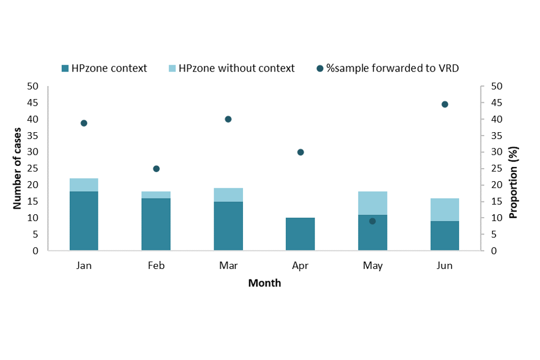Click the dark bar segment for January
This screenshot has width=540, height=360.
[84, 221]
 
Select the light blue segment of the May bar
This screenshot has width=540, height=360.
[372, 203]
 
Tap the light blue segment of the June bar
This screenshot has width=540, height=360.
[444, 209]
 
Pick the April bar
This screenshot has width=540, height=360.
[300, 234]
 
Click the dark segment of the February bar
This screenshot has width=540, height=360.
[156, 224]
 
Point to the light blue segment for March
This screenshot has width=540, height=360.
[228, 195]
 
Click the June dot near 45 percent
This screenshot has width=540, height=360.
[445, 104]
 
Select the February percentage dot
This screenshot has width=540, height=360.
[156, 169]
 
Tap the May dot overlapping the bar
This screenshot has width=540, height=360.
[372, 221]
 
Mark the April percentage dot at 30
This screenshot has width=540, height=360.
[300, 152]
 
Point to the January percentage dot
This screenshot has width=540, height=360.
[84, 123]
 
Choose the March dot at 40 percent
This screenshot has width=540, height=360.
[228, 119]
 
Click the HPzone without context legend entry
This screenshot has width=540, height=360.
[236, 69]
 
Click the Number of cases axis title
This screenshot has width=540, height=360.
[17, 168]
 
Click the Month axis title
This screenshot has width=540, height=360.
[264, 283]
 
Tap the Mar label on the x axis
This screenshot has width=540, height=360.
[228, 266]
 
